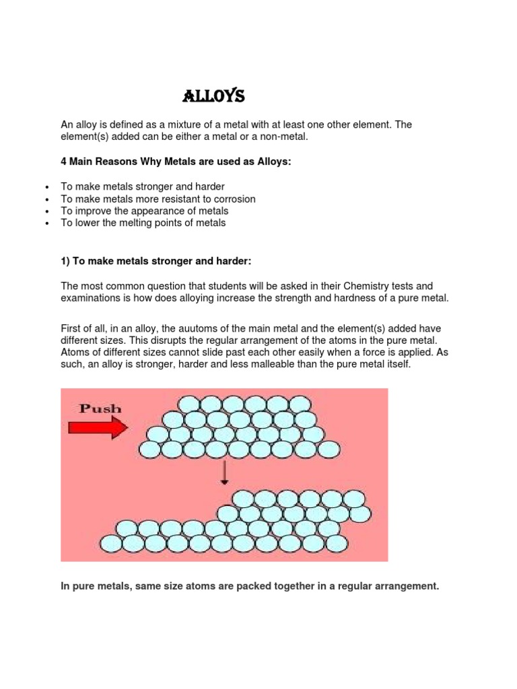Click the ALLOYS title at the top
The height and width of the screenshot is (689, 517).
click(213, 97)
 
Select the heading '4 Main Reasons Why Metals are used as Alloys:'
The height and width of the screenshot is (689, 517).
click(176, 162)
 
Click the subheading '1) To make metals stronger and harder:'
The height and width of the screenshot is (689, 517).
click(156, 260)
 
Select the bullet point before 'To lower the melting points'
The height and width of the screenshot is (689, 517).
click(46, 223)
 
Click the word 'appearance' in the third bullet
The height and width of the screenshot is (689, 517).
click(158, 211)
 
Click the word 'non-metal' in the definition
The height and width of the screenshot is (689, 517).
click(284, 137)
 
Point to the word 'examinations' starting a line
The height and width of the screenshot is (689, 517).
click(91, 298)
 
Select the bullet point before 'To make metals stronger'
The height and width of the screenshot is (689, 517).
click(46, 187)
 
